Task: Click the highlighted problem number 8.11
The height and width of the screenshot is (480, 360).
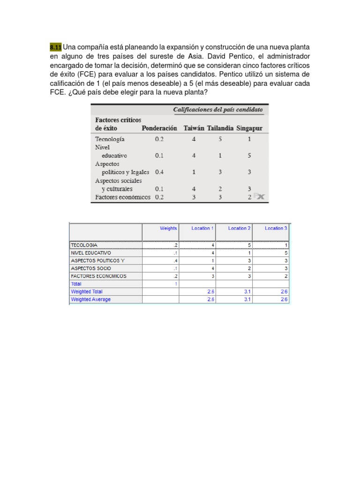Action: coord(56,47)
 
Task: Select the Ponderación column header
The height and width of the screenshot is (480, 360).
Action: coord(159,128)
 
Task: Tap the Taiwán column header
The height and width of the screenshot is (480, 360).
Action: coord(194,128)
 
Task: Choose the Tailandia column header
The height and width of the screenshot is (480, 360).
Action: coord(220,128)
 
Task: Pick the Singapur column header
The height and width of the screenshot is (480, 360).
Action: coord(249,128)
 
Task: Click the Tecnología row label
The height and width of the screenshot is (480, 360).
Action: coord(110,139)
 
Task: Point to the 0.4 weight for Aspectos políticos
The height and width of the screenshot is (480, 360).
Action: coord(159,172)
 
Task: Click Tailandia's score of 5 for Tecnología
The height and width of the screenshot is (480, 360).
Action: coord(220,139)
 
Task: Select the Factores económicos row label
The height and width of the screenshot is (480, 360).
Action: coord(123,197)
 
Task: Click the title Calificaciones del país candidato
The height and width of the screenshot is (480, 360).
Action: coord(218,110)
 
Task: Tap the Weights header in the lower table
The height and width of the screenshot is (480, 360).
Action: coord(168,228)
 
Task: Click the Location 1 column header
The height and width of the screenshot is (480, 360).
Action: coord(202,228)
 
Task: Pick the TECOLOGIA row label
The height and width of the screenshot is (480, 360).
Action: coord(84,245)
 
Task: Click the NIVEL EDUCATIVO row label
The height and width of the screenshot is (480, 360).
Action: coord(91,253)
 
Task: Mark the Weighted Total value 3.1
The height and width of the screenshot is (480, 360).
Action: coord(247,292)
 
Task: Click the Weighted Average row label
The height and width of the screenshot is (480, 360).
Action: coord(91,299)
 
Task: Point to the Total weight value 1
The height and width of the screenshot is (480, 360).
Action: coord(176,284)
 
